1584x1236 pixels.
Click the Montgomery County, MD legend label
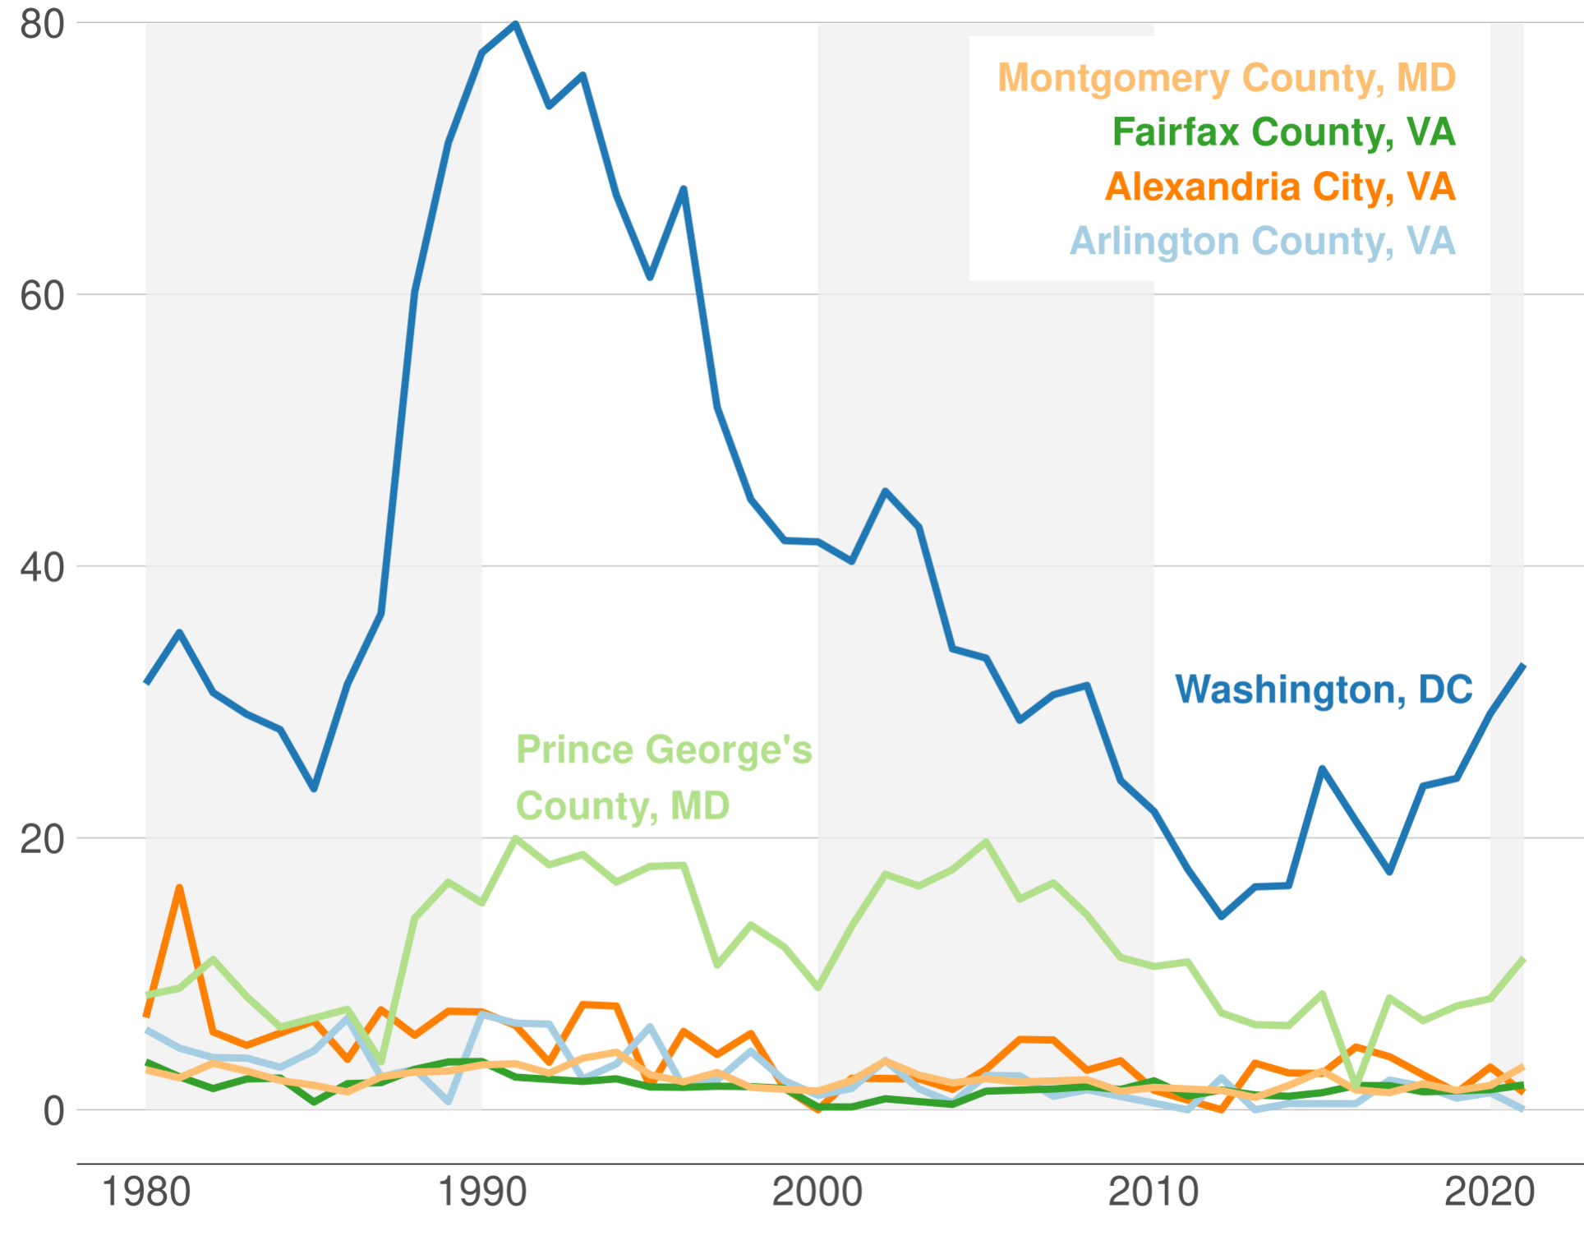(x=1226, y=78)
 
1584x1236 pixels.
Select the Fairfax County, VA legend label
(x=1283, y=132)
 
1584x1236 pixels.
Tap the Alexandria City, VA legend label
(x=1280, y=187)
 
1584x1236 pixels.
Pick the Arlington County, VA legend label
(x=1262, y=242)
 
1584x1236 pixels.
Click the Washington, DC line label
(x=1324, y=689)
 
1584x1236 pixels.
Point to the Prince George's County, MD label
(x=664, y=777)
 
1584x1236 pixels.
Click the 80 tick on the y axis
(x=42, y=25)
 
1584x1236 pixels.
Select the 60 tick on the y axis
(x=42, y=296)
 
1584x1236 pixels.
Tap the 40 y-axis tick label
(x=42, y=568)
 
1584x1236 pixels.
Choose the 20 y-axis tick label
(x=42, y=840)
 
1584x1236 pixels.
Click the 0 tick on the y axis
(x=53, y=1111)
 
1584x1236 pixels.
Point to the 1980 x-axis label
(x=146, y=1192)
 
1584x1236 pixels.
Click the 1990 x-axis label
(x=482, y=1192)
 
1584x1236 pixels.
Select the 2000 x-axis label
(x=817, y=1192)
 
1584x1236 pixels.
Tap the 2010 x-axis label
(x=1153, y=1192)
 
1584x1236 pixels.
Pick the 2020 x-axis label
(x=1490, y=1192)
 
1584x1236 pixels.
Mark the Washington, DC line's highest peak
(x=516, y=24)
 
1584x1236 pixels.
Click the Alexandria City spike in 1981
(x=179, y=888)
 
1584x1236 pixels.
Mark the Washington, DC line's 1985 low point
(x=314, y=789)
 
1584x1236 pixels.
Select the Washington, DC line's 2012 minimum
(x=1222, y=915)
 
